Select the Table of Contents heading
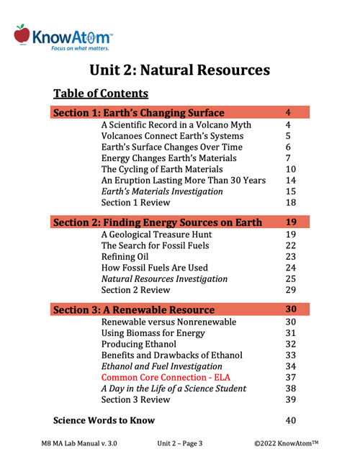point(101,94)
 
